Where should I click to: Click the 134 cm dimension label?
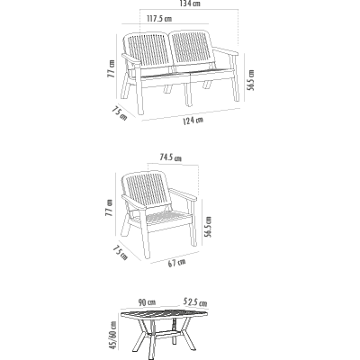190,4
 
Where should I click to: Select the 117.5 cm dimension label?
159,19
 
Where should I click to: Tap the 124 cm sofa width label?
193,121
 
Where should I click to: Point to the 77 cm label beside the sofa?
111,68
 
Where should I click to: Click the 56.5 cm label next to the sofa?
251,80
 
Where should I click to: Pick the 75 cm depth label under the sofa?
120,113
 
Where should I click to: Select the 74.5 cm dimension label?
170,157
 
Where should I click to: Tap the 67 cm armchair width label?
176,263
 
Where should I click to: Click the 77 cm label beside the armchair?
110,207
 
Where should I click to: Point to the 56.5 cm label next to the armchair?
207,227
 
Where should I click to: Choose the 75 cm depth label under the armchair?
121,253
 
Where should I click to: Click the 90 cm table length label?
147,302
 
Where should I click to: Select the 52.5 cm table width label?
195,301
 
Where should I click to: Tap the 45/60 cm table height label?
113,335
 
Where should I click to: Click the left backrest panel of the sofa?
147,50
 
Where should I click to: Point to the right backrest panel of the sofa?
193,47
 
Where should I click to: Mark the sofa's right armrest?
226,51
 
